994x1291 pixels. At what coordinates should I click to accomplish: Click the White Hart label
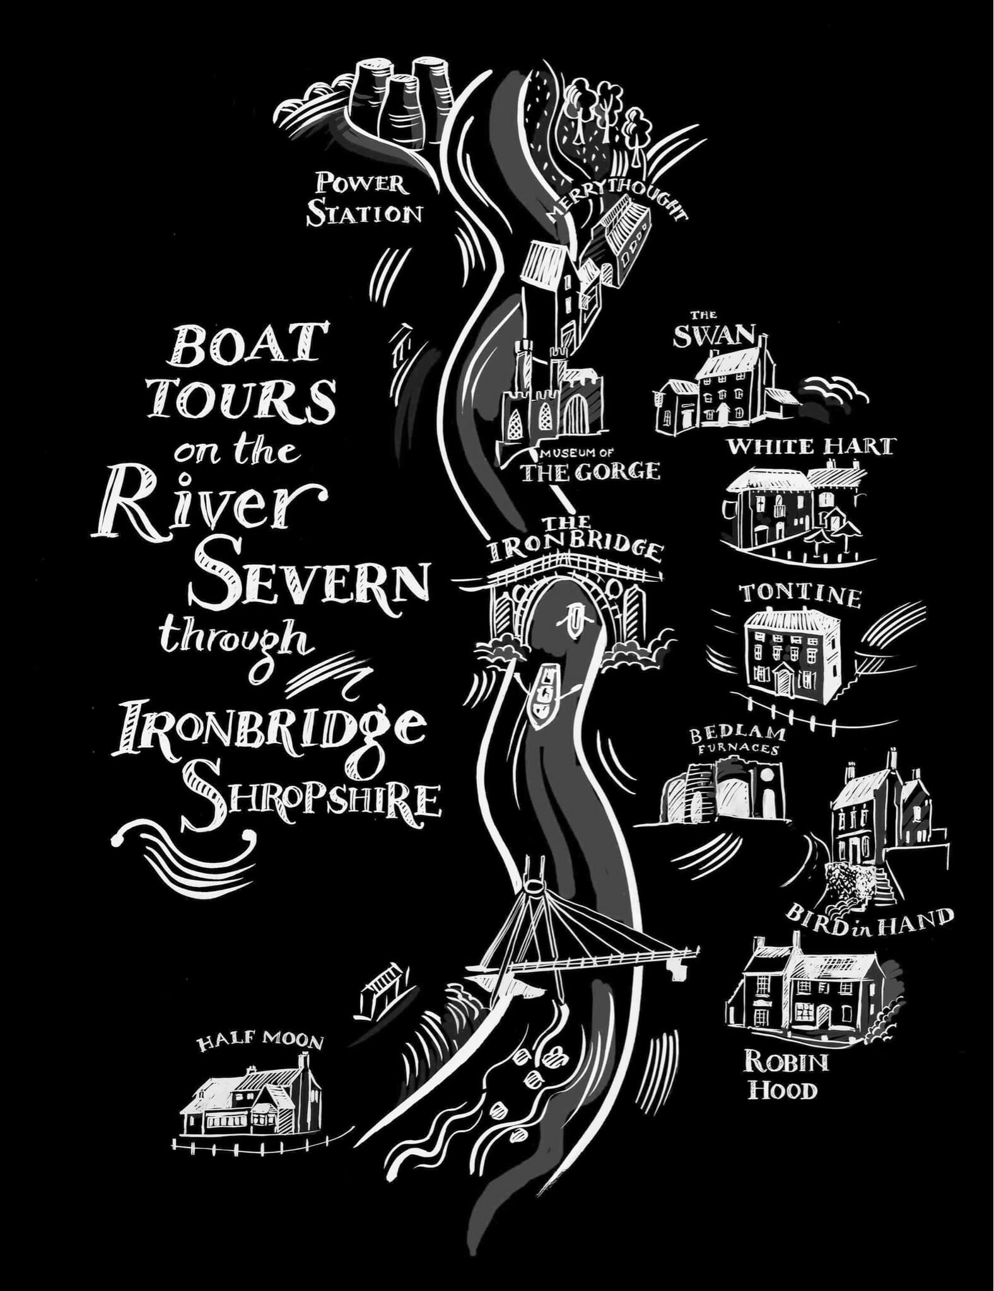(x=810, y=447)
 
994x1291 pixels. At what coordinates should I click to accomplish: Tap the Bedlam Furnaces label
(x=737, y=741)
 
